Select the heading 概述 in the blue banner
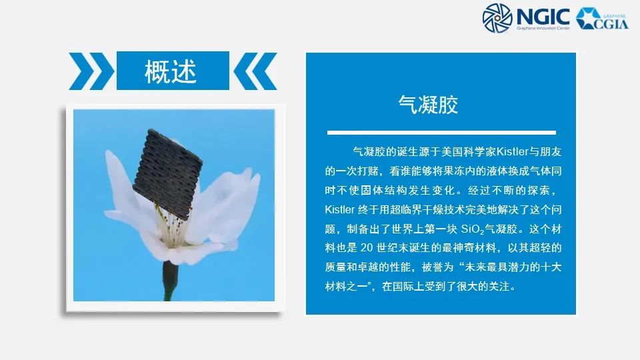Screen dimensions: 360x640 pos(171,71)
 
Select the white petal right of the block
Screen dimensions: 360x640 pos(227,200)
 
